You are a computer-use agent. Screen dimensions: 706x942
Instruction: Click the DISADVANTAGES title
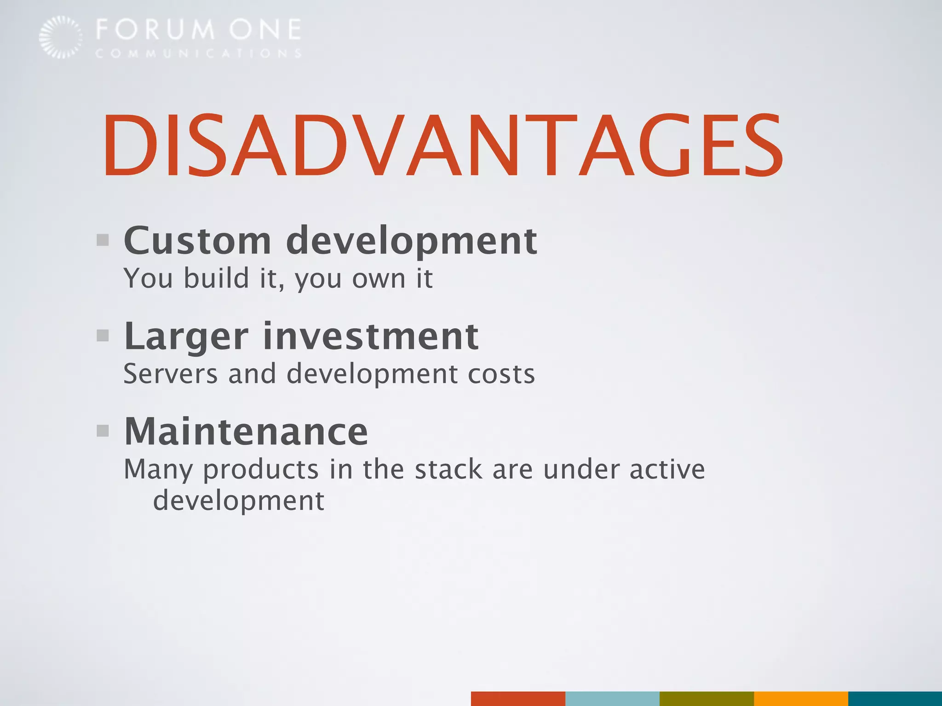coord(442,145)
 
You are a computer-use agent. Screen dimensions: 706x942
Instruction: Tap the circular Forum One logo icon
coord(60,37)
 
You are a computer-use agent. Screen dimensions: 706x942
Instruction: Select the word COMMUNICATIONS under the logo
coord(199,54)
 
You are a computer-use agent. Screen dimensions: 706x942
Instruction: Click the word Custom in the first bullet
coord(198,241)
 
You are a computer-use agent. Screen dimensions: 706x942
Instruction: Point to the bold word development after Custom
coord(411,241)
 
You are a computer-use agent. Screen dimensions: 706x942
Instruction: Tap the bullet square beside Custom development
coord(103,240)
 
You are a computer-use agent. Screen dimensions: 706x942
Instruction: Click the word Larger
coord(186,337)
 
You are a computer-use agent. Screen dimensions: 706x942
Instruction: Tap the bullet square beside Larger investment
coord(103,336)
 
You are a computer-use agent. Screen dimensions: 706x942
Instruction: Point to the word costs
coord(501,374)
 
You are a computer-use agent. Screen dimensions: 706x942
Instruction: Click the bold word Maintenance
coord(246,432)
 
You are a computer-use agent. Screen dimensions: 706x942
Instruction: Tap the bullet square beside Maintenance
coord(103,431)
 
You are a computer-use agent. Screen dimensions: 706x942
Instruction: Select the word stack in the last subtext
coord(448,469)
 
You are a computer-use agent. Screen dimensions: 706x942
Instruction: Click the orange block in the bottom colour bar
coord(800,698)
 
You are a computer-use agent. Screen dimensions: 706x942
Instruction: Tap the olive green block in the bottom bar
coord(706,698)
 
